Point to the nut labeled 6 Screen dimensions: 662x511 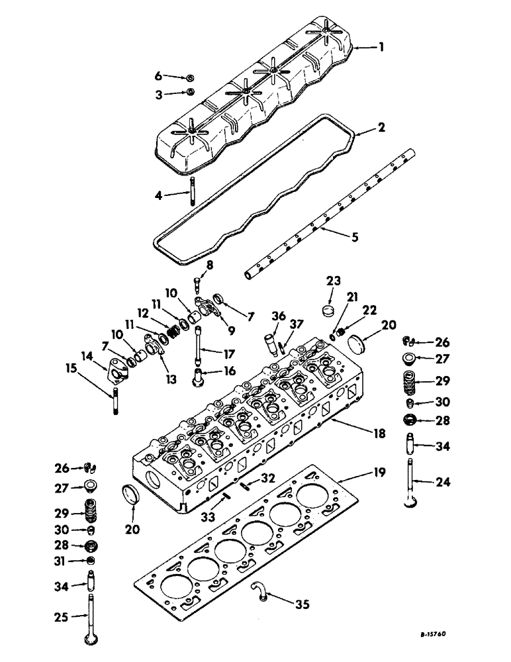pyautogui.click(x=190, y=78)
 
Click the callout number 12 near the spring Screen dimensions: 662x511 pyautogui.click(x=142, y=312)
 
